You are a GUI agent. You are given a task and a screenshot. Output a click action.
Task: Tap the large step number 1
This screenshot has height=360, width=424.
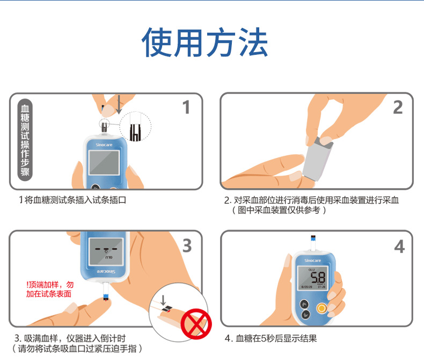(x=186, y=107)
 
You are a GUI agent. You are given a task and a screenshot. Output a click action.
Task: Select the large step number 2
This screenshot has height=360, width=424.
(x=398, y=107)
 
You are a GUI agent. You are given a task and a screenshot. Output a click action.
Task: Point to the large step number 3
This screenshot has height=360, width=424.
(x=186, y=246)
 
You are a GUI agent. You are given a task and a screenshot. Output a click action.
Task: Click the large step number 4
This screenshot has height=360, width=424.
(x=399, y=247)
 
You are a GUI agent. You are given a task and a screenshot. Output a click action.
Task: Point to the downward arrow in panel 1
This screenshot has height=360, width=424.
(x=119, y=105)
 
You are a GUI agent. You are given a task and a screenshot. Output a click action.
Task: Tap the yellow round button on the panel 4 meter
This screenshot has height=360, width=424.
(x=321, y=308)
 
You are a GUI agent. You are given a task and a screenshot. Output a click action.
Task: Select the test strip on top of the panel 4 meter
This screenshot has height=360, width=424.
(x=313, y=243)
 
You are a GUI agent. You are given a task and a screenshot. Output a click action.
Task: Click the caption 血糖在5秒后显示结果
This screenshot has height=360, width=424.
(x=271, y=339)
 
